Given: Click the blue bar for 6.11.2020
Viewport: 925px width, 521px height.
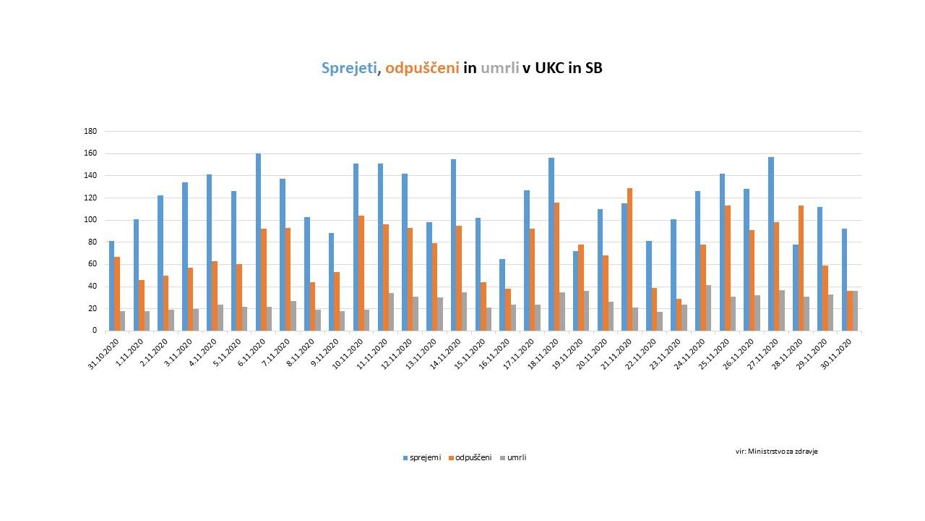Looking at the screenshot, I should pyautogui.click(x=258, y=242).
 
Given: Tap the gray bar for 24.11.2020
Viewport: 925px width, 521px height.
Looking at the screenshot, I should pyautogui.click(x=708, y=308).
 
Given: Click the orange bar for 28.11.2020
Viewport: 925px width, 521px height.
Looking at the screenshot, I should pyautogui.click(x=801, y=268).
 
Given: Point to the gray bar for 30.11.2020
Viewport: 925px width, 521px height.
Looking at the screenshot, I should pyautogui.click(x=855, y=310).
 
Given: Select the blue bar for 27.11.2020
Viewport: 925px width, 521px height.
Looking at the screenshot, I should pyautogui.click(x=771, y=244).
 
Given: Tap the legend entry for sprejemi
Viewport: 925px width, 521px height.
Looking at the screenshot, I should pyautogui.click(x=422, y=457).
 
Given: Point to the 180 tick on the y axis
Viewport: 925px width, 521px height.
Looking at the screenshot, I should pyautogui.click(x=90, y=132).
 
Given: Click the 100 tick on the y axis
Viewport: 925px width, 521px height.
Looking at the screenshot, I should pyautogui.click(x=90, y=220).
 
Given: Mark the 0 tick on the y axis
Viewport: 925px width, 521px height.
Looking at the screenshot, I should pyautogui.click(x=94, y=331).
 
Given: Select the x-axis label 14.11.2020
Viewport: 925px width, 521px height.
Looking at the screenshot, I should pyautogui.click(x=446, y=355).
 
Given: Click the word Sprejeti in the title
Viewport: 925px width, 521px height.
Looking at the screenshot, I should pyautogui.click(x=349, y=68).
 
